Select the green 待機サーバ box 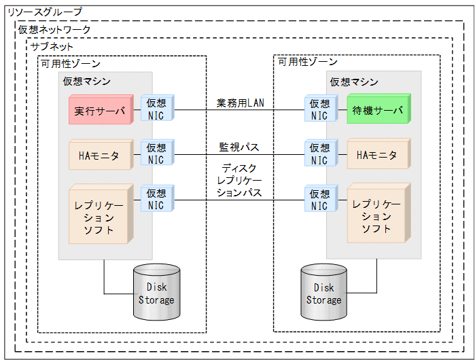tap(376, 110)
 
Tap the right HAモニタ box tap(376, 156)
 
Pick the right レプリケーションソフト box tap(376, 215)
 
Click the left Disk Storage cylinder tap(156, 293)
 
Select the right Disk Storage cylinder tap(323, 293)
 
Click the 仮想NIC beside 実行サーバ tap(156, 109)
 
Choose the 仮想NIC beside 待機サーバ tap(319, 109)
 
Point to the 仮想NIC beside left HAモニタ tap(156, 154)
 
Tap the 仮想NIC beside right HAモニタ tap(319, 154)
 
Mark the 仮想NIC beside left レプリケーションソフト tap(156, 200)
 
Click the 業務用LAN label tap(240, 103)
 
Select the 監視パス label tap(239, 147)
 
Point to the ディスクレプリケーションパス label tap(239, 180)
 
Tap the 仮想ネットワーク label tap(54, 30)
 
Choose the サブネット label tap(52, 47)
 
